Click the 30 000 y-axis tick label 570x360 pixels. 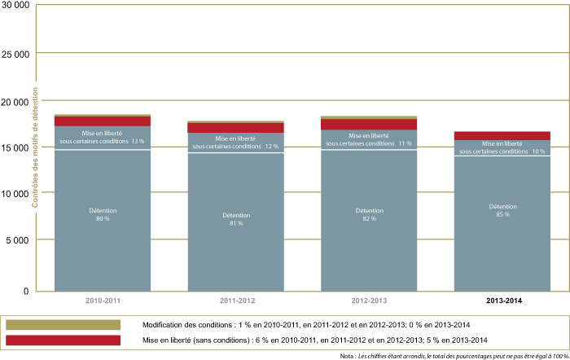coord(15,7)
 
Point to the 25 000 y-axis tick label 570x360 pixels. coord(15,54)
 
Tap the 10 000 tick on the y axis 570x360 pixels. coord(15,193)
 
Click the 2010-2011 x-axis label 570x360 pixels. coord(102,301)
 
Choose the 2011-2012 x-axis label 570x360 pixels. coord(235,301)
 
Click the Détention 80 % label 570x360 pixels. coord(103,215)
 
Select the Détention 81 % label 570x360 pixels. coord(236,219)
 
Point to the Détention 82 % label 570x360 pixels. coord(370,215)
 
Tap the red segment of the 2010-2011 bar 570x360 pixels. coord(103,121)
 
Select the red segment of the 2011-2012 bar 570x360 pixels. coord(236,128)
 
